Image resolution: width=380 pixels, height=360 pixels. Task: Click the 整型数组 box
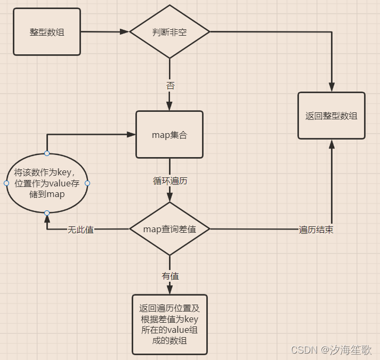[47, 31]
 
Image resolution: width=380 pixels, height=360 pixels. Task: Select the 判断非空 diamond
[169, 31]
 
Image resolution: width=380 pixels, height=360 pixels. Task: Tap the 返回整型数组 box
[332, 116]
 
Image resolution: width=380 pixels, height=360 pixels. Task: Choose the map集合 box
[169, 135]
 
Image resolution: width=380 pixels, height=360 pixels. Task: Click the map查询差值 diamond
[169, 229]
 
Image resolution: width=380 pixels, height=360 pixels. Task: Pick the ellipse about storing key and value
[47, 183]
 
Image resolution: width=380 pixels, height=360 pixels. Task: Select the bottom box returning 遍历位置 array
[169, 324]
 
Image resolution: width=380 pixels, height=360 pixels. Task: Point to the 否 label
[170, 85]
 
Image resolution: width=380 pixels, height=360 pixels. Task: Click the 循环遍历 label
[170, 181]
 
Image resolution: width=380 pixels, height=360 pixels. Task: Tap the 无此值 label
[80, 230]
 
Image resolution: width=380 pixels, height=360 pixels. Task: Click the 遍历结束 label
[316, 230]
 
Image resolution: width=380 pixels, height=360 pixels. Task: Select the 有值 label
[170, 276]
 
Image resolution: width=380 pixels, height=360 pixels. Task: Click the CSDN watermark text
[330, 349]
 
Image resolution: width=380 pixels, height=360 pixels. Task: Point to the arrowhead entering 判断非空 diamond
[125, 31]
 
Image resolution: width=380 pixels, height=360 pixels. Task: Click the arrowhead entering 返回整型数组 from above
[332, 87]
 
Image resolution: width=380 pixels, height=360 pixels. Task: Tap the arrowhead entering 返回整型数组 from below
[332, 144]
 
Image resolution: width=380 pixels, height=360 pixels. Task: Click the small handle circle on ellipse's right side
[87, 183]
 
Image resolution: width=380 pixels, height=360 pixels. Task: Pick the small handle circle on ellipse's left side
[6, 183]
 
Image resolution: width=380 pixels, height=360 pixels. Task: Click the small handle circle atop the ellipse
[47, 153]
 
